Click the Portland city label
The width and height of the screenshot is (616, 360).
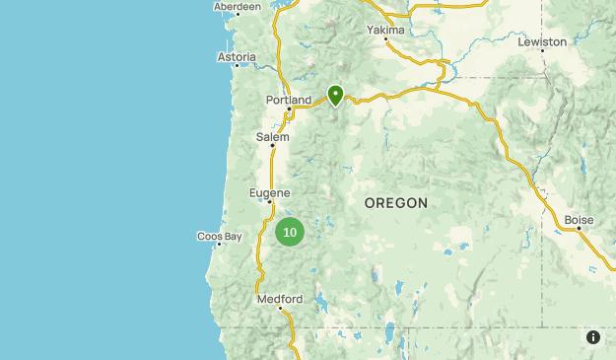(x=288, y=100)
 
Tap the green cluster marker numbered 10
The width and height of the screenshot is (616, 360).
(x=289, y=233)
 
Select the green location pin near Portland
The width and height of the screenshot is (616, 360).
(x=335, y=95)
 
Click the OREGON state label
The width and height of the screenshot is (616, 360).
(x=396, y=203)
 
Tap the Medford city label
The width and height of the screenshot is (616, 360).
(x=279, y=299)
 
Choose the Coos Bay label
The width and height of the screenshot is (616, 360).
(x=219, y=237)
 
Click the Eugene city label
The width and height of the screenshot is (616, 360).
(x=269, y=192)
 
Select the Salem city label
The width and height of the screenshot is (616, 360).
(x=272, y=137)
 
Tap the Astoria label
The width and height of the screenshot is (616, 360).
(x=237, y=57)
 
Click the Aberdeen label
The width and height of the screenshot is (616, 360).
(x=238, y=6)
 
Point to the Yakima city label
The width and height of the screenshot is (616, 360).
(x=385, y=30)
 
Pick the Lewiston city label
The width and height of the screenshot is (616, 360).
(x=543, y=41)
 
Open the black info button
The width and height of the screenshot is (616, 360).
(x=593, y=337)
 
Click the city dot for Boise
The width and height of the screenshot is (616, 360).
(x=579, y=229)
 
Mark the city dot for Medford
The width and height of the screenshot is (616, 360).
(x=280, y=309)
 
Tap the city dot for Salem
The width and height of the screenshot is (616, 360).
(x=272, y=147)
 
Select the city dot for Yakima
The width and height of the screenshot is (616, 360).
(x=385, y=39)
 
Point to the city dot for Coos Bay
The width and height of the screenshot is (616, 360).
(x=219, y=246)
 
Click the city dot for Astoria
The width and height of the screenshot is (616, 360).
(x=237, y=66)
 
